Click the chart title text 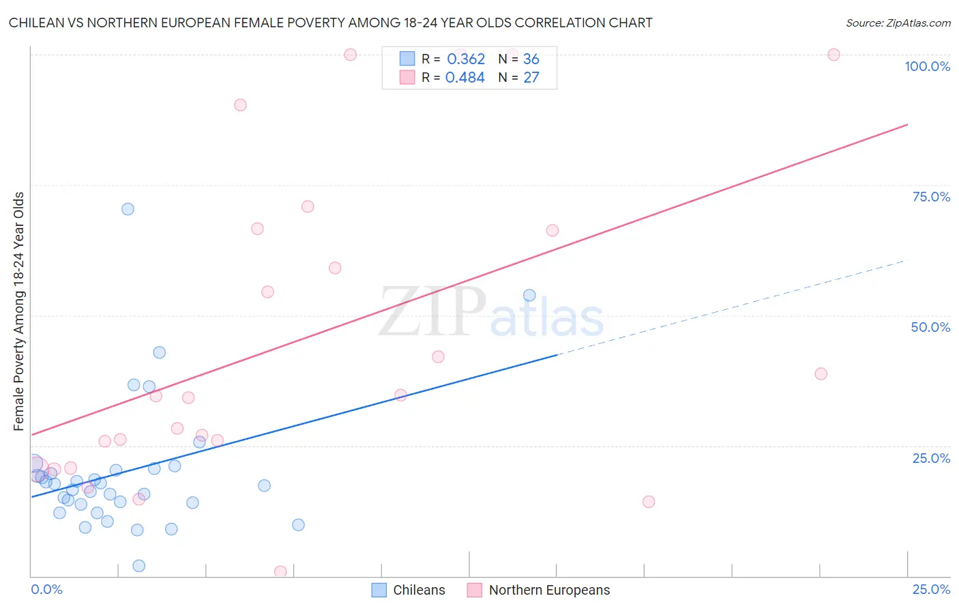pyautogui.click(x=330, y=23)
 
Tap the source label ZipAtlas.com pyautogui.click(x=898, y=23)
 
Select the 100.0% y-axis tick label pyautogui.click(x=927, y=66)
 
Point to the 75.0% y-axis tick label pyautogui.click(x=931, y=197)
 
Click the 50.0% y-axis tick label pyautogui.click(x=930, y=327)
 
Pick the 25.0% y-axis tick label pyautogui.click(x=931, y=458)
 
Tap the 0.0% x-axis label pyautogui.click(x=46, y=589)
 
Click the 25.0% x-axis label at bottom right pyautogui.click(x=931, y=589)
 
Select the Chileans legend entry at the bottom pyautogui.click(x=409, y=590)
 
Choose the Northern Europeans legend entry pyautogui.click(x=539, y=590)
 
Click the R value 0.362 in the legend pyautogui.click(x=466, y=59)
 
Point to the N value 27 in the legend pyautogui.click(x=531, y=78)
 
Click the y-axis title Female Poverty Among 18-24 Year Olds pyautogui.click(x=19, y=311)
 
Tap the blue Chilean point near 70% pyautogui.click(x=128, y=209)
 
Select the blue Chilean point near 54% pyautogui.click(x=529, y=296)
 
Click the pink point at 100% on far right pyautogui.click(x=833, y=55)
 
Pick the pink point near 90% pyautogui.click(x=240, y=105)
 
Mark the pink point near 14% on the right pyautogui.click(x=649, y=502)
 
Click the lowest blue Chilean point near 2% pyautogui.click(x=139, y=566)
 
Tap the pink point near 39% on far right pyautogui.click(x=821, y=373)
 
